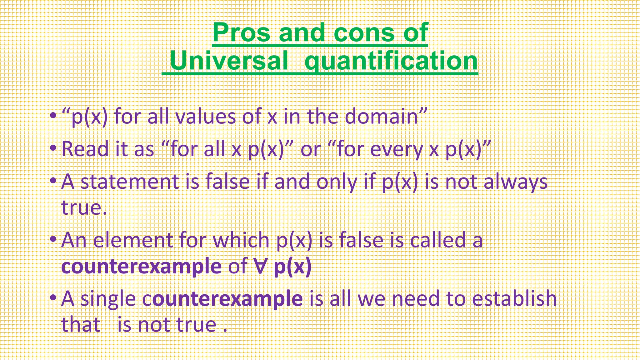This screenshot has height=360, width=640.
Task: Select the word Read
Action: pyautogui.click(x=85, y=149)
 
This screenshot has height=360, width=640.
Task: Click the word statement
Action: pyautogui.click(x=129, y=182)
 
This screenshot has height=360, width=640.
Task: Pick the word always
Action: pyautogui.click(x=516, y=182)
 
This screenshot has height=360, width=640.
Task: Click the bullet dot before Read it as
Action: pyautogui.click(x=54, y=147)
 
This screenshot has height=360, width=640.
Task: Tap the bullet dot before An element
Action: pyautogui.click(x=54, y=239)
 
